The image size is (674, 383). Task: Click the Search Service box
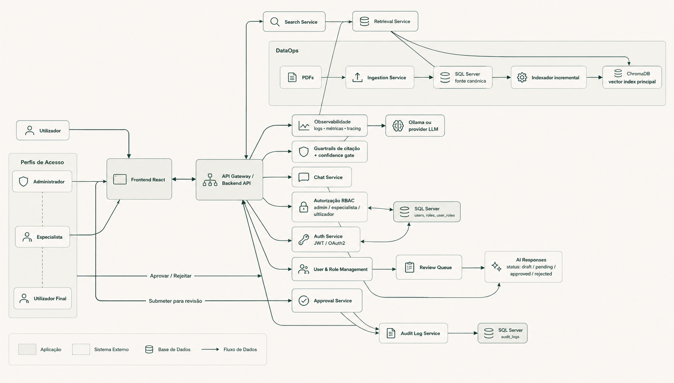click(x=294, y=21)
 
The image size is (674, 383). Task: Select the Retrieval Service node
click(x=385, y=21)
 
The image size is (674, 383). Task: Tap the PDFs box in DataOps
click(x=301, y=77)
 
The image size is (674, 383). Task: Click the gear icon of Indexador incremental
click(x=522, y=77)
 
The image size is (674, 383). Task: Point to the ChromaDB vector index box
click(x=632, y=77)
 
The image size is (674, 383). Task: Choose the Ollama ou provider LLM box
click(x=415, y=126)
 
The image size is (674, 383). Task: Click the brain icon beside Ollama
click(x=398, y=126)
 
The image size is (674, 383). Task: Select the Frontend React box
click(x=140, y=179)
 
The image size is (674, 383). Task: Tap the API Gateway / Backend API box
click(x=229, y=180)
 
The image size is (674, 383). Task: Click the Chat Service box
click(x=322, y=177)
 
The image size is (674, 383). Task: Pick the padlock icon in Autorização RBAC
click(x=304, y=207)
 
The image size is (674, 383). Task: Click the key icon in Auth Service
click(x=304, y=240)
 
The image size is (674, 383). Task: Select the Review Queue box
click(x=429, y=267)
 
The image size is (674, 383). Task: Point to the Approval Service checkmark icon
click(x=304, y=301)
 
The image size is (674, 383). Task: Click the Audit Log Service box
click(x=413, y=333)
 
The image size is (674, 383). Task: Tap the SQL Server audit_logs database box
click(x=502, y=333)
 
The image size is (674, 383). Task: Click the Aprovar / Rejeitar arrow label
click(x=171, y=276)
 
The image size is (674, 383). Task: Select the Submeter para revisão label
click(x=176, y=301)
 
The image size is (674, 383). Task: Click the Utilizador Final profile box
click(x=43, y=299)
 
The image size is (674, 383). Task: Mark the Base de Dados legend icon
click(x=149, y=349)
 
